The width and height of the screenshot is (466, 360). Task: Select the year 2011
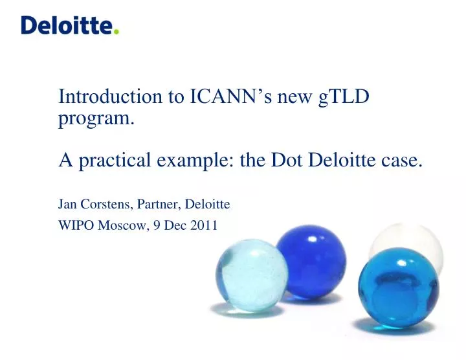coord(204,226)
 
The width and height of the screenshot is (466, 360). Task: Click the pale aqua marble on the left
coord(251,275)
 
